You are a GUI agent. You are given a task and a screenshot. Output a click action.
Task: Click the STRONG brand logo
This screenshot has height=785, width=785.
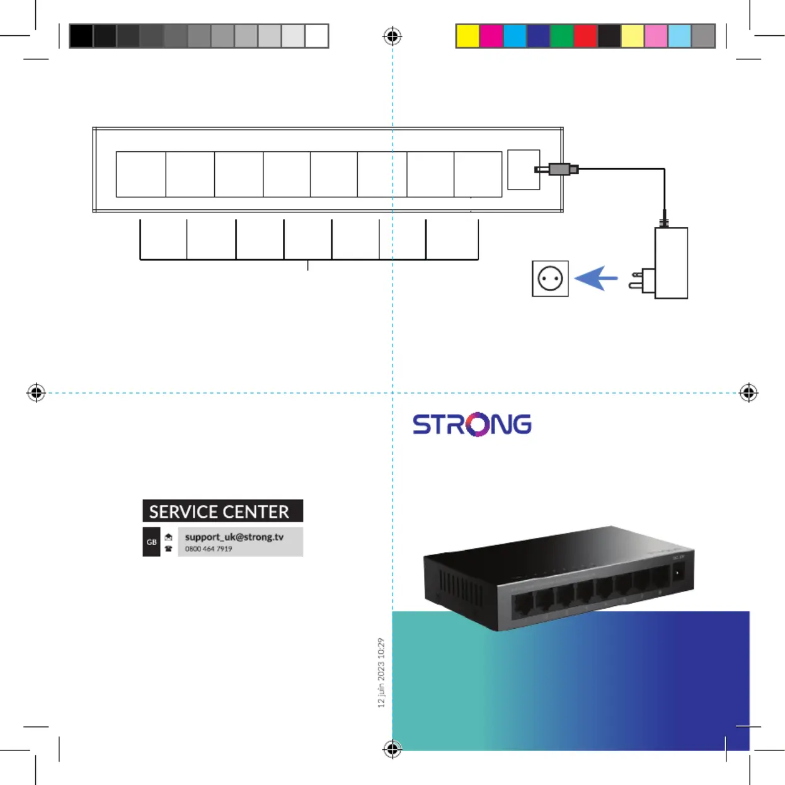[472, 424]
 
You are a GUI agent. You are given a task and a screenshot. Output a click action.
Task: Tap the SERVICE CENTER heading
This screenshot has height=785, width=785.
[219, 511]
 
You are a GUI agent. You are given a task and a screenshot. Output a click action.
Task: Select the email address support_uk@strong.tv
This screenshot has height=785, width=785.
[234, 537]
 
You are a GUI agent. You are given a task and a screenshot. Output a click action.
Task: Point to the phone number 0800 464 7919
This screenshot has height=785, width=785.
[209, 549]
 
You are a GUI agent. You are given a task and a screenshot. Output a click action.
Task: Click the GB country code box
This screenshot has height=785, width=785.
[152, 542]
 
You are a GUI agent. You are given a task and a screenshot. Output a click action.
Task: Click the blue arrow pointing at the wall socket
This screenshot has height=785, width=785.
[596, 278]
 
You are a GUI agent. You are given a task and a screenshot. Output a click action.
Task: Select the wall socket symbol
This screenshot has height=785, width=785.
[550, 278]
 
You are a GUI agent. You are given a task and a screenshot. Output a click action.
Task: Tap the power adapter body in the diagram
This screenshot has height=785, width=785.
[671, 263]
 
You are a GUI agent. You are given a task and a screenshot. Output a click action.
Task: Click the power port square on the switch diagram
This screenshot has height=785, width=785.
[524, 169]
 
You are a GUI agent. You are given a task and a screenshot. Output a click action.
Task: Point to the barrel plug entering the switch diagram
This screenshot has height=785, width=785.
[557, 169]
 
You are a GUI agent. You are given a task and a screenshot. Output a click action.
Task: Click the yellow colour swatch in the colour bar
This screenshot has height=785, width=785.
[467, 36]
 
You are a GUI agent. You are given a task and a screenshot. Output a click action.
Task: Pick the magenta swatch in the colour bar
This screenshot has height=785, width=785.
[491, 36]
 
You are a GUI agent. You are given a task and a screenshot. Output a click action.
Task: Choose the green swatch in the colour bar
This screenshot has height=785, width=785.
[561, 36]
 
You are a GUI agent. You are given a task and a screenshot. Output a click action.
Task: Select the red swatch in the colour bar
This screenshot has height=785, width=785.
[585, 36]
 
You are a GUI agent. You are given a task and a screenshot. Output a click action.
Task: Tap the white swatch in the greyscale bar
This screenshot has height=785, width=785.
[317, 36]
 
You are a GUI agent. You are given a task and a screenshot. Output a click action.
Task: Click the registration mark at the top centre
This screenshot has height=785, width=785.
[392, 36]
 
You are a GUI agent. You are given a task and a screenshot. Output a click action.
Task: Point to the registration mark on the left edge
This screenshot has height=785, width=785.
[36, 392]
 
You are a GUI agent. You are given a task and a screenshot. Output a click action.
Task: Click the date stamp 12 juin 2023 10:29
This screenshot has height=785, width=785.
[381, 672]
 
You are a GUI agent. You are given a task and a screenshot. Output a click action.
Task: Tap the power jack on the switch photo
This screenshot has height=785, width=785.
[678, 573]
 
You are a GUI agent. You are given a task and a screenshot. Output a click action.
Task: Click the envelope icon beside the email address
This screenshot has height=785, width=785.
[168, 537]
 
